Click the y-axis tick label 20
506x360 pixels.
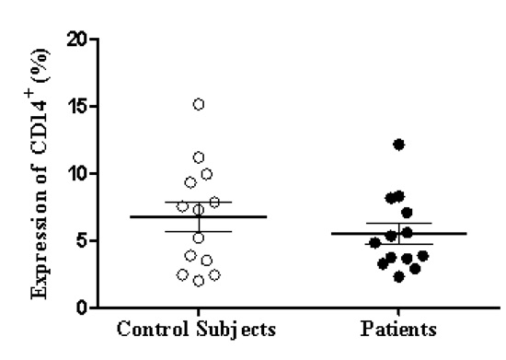click(x=76, y=40)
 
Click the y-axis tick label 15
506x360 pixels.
click(x=76, y=107)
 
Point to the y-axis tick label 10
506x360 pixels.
click(x=76, y=173)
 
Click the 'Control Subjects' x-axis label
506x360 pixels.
click(x=198, y=329)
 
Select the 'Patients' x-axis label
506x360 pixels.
click(x=398, y=329)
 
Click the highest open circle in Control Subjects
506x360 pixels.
click(x=198, y=104)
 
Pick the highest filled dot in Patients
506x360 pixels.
click(x=398, y=145)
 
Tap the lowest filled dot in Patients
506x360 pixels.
click(x=398, y=276)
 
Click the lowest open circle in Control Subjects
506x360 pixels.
click(x=199, y=281)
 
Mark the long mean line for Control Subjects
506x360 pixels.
click(x=198, y=216)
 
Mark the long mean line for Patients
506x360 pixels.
click(x=398, y=234)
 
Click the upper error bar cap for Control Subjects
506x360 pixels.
click(x=198, y=202)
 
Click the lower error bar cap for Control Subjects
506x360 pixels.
click(x=198, y=231)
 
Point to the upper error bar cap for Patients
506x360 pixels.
click(x=398, y=223)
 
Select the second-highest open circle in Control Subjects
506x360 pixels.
click(x=198, y=157)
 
